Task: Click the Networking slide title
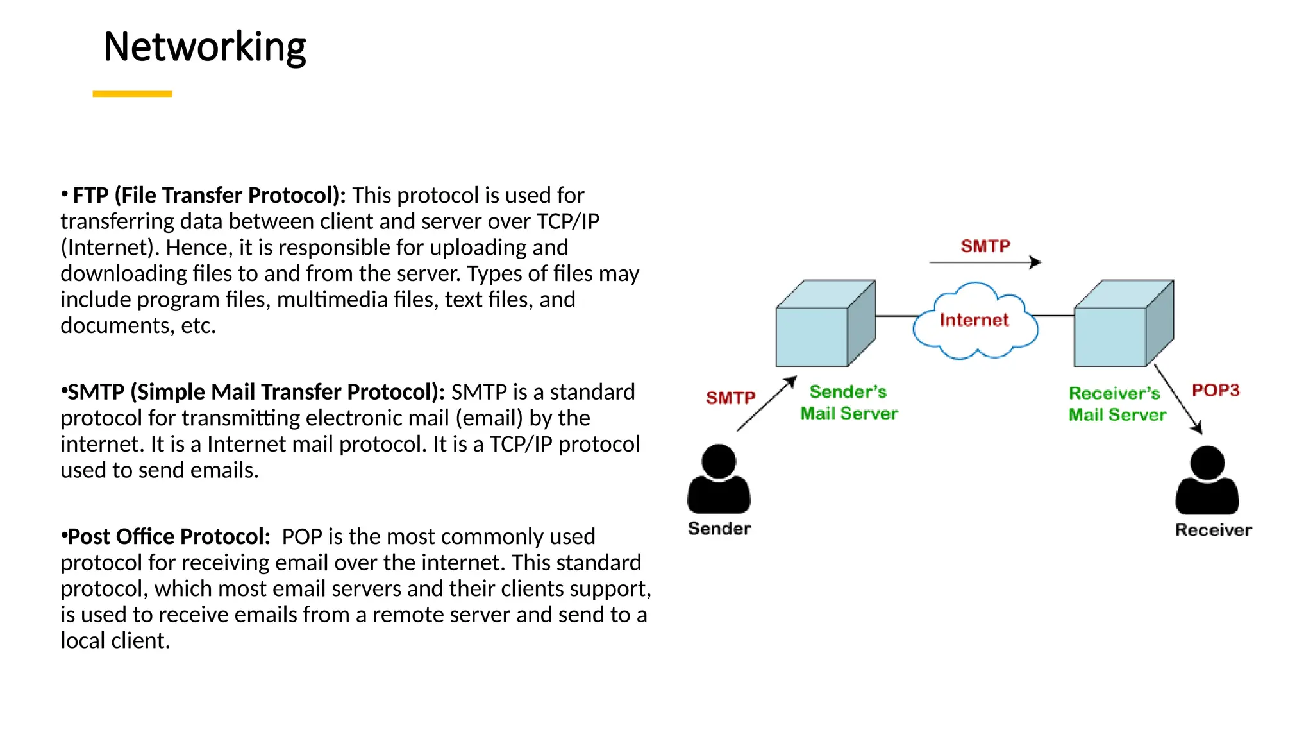click(x=205, y=47)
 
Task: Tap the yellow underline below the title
click(x=132, y=94)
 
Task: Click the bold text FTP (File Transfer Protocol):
click(x=209, y=195)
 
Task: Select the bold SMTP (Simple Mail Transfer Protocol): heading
click(x=256, y=391)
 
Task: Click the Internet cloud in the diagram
click(x=974, y=320)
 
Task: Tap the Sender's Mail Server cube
click(x=824, y=323)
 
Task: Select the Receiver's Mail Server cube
click(x=1123, y=323)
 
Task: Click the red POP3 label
click(x=1216, y=390)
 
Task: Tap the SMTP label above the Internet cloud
click(x=985, y=246)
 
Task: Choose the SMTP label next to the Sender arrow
click(x=731, y=398)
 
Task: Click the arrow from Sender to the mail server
click(x=766, y=403)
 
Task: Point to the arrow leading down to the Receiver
click(x=1178, y=399)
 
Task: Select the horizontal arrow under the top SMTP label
click(x=985, y=262)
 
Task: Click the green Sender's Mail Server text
click(x=849, y=403)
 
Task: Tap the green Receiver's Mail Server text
click(x=1117, y=404)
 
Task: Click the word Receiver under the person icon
click(x=1213, y=530)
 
